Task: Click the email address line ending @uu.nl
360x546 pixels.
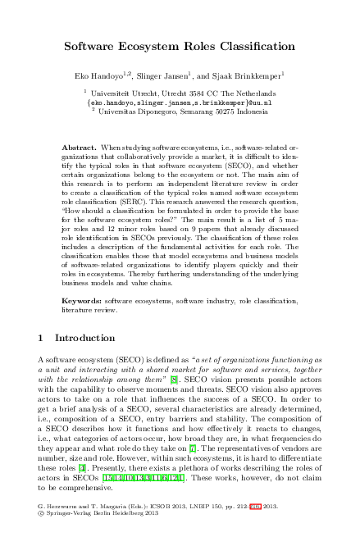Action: (180, 104)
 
